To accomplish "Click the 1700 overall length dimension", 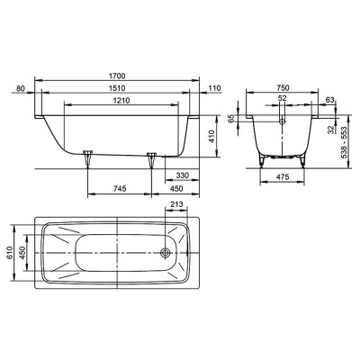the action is point(117,76).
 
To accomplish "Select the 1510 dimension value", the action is point(117,88).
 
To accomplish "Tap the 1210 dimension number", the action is point(121,101).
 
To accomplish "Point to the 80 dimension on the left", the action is point(20,88).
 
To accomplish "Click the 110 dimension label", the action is point(215,88).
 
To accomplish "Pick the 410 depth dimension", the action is point(212,136).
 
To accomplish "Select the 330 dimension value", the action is point(183,175).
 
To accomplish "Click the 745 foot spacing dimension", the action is point(120,189).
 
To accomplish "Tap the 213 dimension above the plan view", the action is point(176,204).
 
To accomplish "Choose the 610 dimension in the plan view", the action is point(9,253).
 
